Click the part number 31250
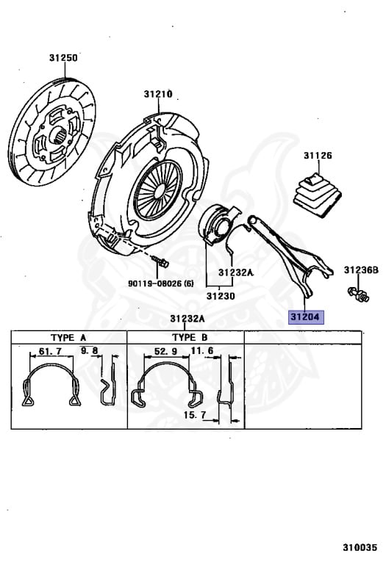(x=63, y=57)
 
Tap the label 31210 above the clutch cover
(x=158, y=94)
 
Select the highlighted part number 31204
(x=305, y=317)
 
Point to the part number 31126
(x=318, y=156)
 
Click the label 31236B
(x=361, y=270)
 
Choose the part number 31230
(x=221, y=296)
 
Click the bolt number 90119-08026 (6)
(x=160, y=283)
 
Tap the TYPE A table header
(x=68, y=337)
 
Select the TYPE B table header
(x=190, y=337)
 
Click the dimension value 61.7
(x=50, y=351)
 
